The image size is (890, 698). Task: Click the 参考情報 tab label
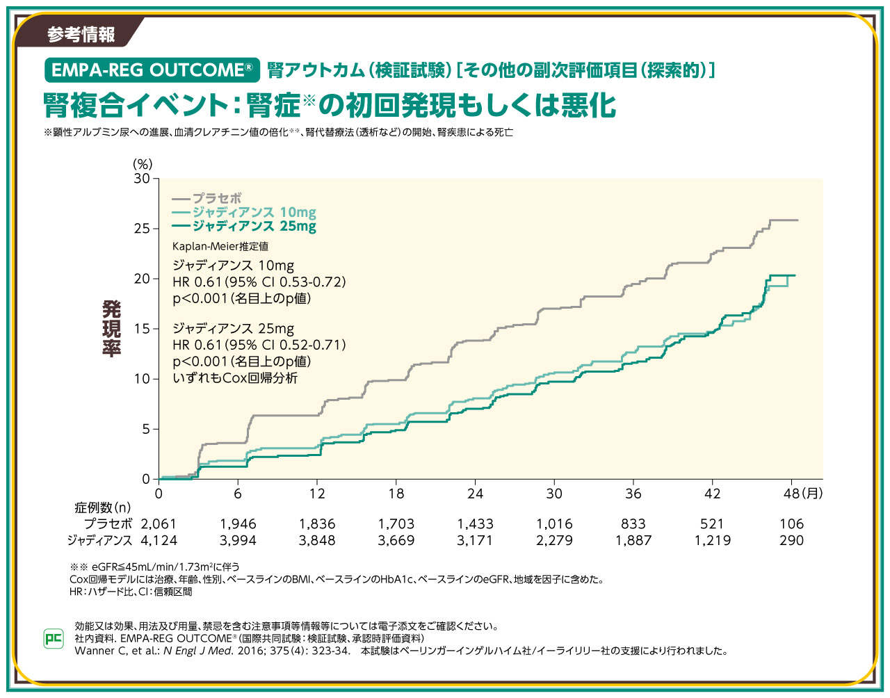[x=81, y=34]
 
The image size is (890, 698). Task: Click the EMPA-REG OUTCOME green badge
[x=152, y=70]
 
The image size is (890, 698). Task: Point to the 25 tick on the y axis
[x=142, y=229]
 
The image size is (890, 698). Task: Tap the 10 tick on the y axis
[x=142, y=379]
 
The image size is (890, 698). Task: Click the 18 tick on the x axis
[x=396, y=494]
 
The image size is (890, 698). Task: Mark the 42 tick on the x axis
[x=712, y=494]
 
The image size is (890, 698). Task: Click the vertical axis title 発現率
[x=111, y=329]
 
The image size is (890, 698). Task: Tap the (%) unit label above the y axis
[x=143, y=164]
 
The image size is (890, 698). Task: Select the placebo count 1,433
[x=475, y=524]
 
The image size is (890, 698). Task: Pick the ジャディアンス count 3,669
[x=396, y=540]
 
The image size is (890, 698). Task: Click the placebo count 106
[x=791, y=524]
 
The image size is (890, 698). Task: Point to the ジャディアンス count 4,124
[x=159, y=540]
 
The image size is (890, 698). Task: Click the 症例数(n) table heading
[x=103, y=508]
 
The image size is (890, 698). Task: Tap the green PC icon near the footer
[x=54, y=638]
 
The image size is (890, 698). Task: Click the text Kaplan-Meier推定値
[x=220, y=246]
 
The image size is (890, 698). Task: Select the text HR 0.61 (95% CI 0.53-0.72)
[x=259, y=282]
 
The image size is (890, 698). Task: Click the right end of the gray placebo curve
[x=797, y=220]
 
